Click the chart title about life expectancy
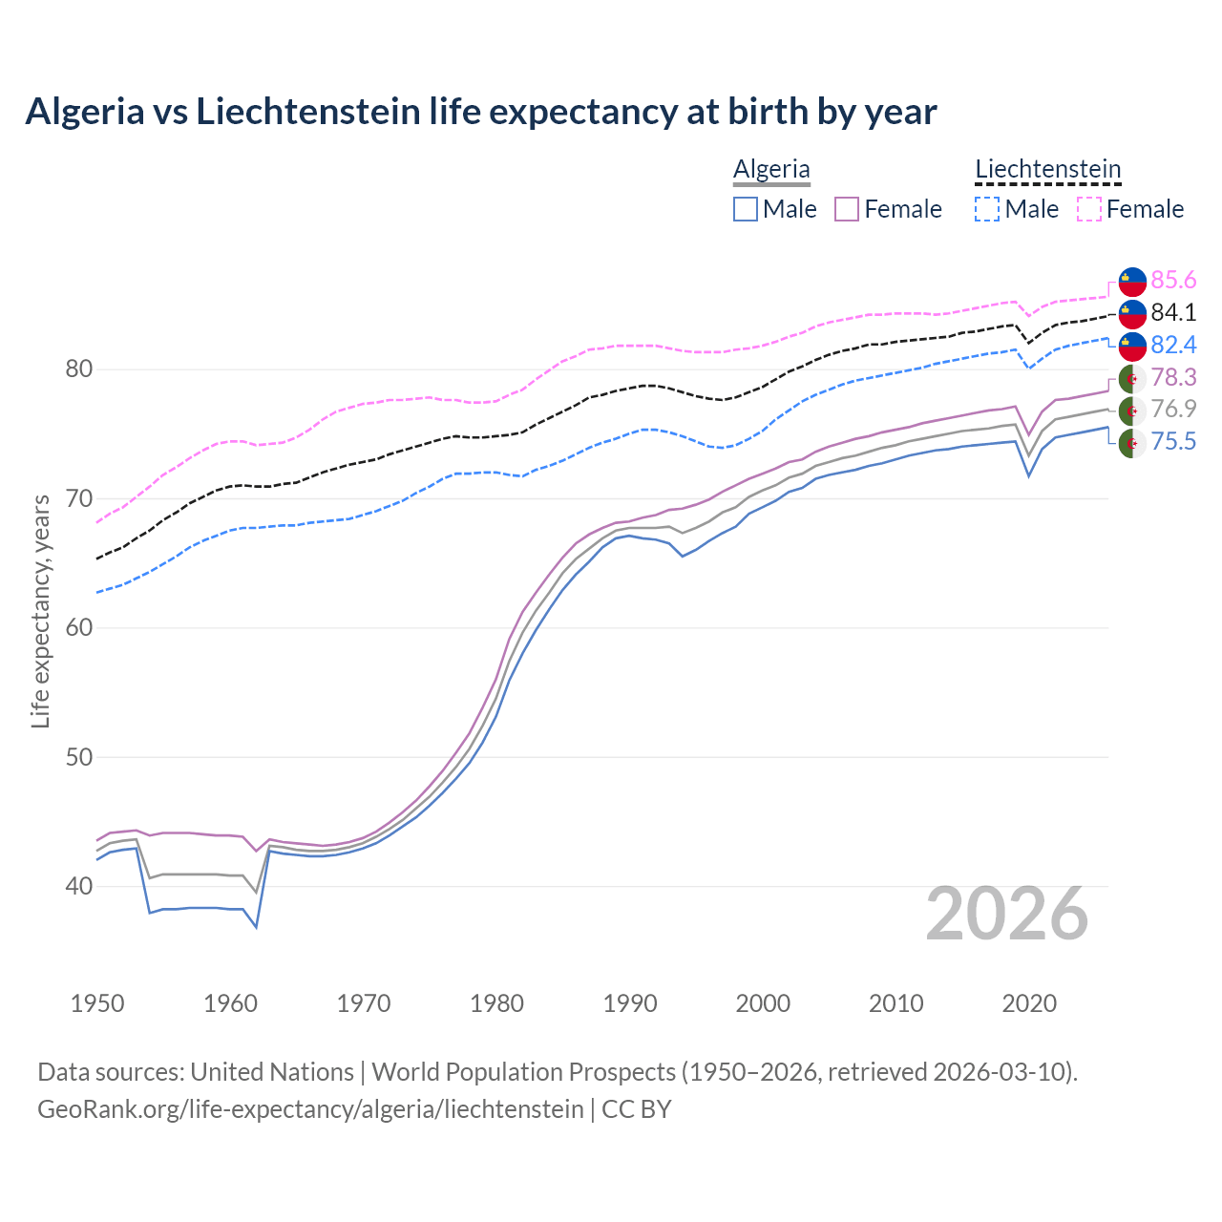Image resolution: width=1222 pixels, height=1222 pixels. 481,112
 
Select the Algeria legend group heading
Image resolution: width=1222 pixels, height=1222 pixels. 771,169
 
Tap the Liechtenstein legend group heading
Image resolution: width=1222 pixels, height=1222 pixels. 1047,169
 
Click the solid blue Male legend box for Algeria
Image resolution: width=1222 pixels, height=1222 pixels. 746,209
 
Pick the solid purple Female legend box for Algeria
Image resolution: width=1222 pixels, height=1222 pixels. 847,209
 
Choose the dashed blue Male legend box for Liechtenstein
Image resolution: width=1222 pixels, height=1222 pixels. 987,209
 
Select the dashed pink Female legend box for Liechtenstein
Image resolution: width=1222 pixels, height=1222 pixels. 1089,209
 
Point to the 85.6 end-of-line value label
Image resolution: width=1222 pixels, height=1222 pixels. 1173,280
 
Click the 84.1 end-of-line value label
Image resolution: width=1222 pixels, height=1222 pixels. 1173,312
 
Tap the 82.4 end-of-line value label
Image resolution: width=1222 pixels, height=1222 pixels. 1173,345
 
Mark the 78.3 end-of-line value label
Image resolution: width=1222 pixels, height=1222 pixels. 1173,377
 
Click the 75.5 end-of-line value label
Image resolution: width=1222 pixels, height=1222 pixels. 1173,441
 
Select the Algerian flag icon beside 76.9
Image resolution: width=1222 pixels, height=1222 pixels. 1132,411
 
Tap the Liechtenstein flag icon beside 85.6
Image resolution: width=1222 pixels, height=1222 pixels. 1132,281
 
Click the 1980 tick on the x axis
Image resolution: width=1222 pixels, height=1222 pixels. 496,1003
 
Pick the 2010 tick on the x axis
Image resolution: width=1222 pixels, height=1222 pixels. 895,1003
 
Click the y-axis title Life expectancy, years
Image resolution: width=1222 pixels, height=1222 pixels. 40,611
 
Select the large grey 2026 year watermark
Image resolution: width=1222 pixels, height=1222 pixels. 1007,914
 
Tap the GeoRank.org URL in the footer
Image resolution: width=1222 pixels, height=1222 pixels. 310,1109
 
